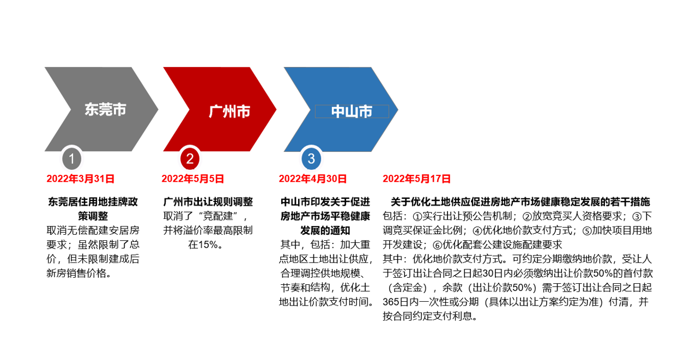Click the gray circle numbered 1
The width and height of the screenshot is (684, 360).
(72, 158)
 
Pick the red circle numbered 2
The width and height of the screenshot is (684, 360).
(190, 158)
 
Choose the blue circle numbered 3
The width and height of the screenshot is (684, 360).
(311, 158)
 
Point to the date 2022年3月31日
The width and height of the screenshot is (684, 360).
(80, 179)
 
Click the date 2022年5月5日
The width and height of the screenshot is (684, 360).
(193, 179)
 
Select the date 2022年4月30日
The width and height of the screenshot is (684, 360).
(313, 179)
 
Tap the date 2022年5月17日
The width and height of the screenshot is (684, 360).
(416, 179)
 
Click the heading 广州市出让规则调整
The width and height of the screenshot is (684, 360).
(208, 202)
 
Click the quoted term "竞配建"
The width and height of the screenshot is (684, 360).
(218, 216)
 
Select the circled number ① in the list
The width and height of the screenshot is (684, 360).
(417, 217)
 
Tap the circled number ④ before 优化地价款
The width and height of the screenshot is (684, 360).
(477, 231)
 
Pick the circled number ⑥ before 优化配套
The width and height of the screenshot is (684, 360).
(437, 245)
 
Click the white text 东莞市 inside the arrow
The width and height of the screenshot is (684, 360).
(105, 109)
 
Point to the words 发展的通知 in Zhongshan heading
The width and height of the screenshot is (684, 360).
(325, 230)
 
